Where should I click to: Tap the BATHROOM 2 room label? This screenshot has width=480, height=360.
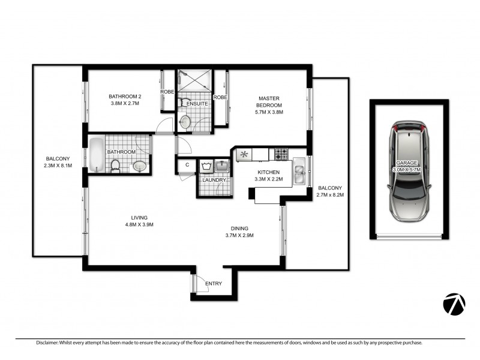pyautogui.click(x=125, y=96)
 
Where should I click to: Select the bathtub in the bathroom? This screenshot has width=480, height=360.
pyautogui.click(x=97, y=154)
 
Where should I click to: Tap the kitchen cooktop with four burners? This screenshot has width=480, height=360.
pyautogui.click(x=281, y=154)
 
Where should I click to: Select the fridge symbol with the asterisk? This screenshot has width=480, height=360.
pyautogui.click(x=244, y=154)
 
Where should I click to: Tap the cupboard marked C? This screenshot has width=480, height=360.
pyautogui.click(x=187, y=164)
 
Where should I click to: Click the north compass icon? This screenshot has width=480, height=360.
pyautogui.click(x=455, y=304)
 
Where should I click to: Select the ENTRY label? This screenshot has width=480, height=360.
pyautogui.click(x=214, y=284)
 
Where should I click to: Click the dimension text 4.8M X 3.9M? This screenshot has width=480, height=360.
pyautogui.click(x=140, y=225)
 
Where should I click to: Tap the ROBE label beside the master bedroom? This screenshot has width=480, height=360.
pyautogui.click(x=220, y=97)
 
